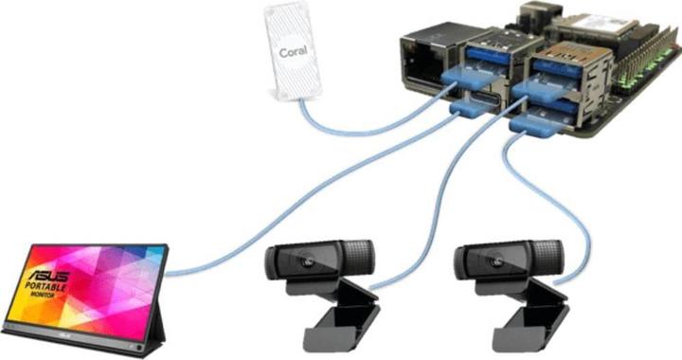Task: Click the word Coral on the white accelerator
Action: [x=291, y=52]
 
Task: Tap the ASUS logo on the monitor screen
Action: [x=53, y=268]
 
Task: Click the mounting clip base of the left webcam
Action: [x=337, y=322]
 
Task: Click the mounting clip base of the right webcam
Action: [x=527, y=322]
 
